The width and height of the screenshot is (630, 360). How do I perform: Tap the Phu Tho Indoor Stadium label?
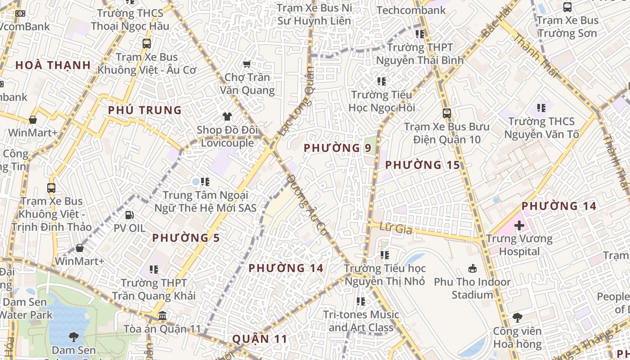coord(472,288)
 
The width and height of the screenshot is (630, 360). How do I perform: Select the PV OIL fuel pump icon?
coord(129,215)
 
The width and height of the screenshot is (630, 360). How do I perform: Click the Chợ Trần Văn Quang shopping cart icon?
coord(246,64)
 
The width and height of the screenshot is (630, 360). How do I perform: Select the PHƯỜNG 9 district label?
coord(337,148)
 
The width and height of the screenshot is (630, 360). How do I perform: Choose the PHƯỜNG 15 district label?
coord(423,165)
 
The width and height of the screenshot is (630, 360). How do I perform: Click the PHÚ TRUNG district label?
coord(144,110)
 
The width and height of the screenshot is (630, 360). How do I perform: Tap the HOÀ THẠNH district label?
coord(53,65)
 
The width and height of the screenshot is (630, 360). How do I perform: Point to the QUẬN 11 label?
coord(259,339)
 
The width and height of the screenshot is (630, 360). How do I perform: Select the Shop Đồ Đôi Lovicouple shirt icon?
coord(227,117)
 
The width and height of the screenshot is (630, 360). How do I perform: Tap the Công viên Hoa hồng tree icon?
coord(517,318)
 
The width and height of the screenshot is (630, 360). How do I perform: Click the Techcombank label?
coord(411,10)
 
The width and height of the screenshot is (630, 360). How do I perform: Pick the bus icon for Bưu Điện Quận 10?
coord(446,113)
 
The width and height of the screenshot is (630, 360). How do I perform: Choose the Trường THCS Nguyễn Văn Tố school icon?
coord(541,108)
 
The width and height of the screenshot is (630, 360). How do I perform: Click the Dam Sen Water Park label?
coord(25,308)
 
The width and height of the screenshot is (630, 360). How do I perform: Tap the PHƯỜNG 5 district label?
coord(186,238)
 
